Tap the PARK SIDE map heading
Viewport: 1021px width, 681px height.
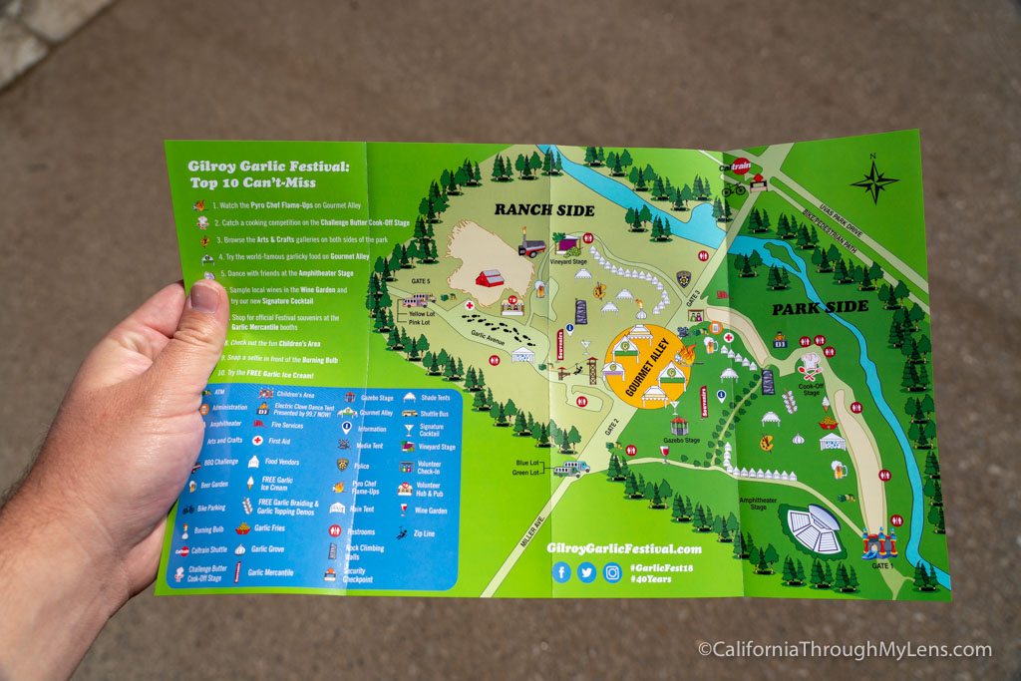coord(820,307)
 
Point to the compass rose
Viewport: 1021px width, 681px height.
coord(873,182)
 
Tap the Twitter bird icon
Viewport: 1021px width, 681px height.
coord(586,572)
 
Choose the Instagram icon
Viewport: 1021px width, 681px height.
coord(612,573)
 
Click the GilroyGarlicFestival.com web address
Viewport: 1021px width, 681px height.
coord(623,548)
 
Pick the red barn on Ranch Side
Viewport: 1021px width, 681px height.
coord(490,278)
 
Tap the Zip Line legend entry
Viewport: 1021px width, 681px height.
coord(423,533)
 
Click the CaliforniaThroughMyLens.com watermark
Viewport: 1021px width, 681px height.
coord(845,650)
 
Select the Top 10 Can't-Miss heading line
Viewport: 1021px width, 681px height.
coord(252,182)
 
